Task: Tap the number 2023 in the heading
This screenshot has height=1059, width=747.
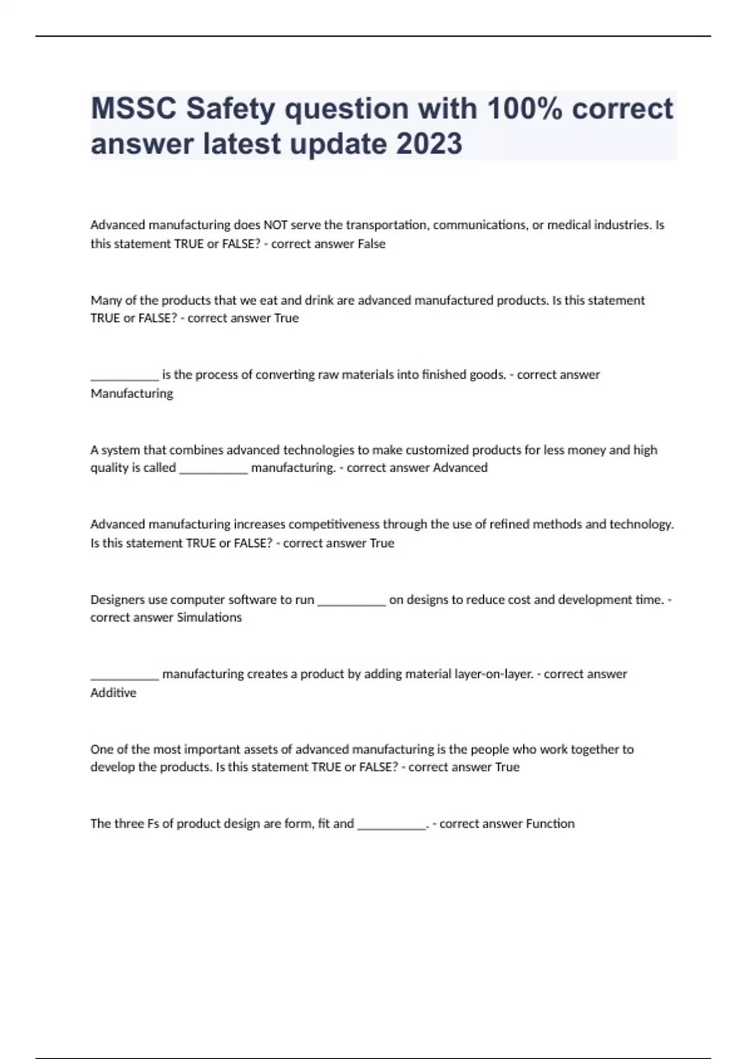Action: click(429, 144)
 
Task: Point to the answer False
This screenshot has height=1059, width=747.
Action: click(371, 244)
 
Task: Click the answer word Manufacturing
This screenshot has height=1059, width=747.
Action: click(132, 394)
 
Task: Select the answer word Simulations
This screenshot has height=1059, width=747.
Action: click(209, 618)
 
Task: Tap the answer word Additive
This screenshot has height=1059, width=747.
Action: click(113, 693)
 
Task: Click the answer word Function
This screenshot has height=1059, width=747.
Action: click(550, 824)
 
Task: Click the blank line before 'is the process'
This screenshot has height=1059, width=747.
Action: click(125, 377)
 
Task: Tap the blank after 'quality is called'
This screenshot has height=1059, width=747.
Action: click(214, 470)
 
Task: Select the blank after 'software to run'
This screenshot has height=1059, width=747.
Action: click(352, 602)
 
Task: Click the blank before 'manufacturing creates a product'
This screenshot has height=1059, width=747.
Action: click(125, 677)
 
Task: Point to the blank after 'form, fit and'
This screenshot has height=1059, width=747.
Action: click(392, 827)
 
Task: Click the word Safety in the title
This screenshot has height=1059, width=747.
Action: click(230, 109)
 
